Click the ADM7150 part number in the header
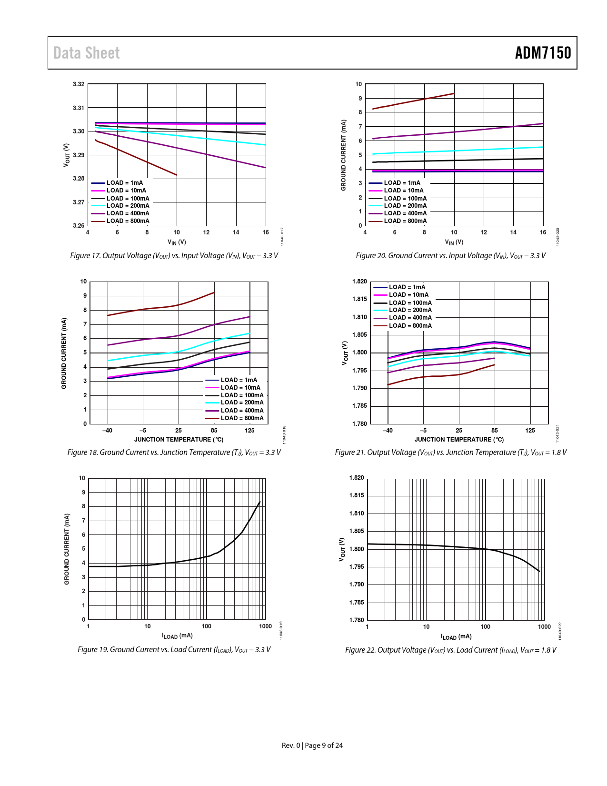tap(543, 53)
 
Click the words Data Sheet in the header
tap(87, 53)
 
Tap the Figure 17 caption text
tap(174, 256)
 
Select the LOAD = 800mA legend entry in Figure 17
tap(128, 221)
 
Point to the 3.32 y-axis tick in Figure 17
tap(79, 84)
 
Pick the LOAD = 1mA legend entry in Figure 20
tap(402, 183)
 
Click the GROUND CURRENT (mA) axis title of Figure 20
tap(343, 155)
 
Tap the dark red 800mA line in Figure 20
tap(414, 101)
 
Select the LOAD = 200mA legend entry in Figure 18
tap(242, 403)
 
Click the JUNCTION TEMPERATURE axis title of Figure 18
tap(179, 440)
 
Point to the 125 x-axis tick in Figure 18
tap(249, 431)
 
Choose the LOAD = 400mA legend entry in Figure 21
tap(410, 318)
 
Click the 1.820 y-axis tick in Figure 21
tap(359, 282)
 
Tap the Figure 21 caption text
tap(450, 453)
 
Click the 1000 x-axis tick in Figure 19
tap(265, 626)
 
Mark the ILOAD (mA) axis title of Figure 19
tap(177, 636)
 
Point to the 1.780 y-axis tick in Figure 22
tap(357, 620)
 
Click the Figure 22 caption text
tap(450, 650)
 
